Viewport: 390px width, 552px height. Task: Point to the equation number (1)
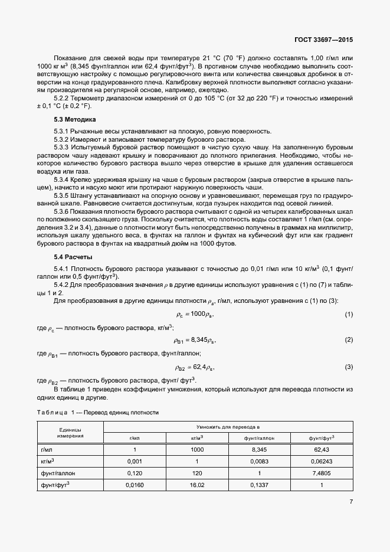[x=349, y=313]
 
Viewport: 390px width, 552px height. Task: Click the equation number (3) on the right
[x=349, y=367]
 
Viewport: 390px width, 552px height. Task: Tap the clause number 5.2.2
[x=62, y=97]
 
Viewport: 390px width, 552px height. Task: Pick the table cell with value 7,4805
[x=322, y=473]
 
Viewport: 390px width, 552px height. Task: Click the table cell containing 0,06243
[x=322, y=461]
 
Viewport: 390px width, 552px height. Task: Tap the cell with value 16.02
[x=197, y=485]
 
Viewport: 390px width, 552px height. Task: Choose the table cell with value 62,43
[x=322, y=449]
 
